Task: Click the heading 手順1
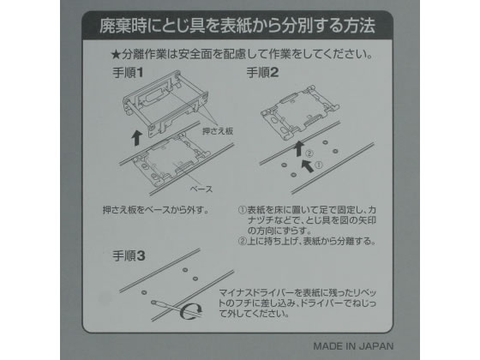coord(128,73)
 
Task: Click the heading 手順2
coord(262,73)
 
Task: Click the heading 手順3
coord(129,256)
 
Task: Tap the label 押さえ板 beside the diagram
coord(218,131)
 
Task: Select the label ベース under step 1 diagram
coord(201,189)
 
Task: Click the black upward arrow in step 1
coord(136,137)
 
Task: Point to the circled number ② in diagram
coord(309,153)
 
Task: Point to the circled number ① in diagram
coord(319,165)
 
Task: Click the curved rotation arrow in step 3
coord(190,311)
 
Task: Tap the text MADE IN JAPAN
coord(353,346)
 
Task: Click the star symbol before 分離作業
coord(116,55)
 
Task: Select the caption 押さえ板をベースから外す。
coord(156,210)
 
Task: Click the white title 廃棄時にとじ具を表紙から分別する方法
coord(237,26)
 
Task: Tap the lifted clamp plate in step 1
coord(165,103)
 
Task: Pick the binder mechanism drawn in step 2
coord(300,111)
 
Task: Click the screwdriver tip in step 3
coord(153,303)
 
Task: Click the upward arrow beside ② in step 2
coord(299,148)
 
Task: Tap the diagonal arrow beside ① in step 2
coord(308,165)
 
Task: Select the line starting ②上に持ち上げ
coord(307,241)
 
